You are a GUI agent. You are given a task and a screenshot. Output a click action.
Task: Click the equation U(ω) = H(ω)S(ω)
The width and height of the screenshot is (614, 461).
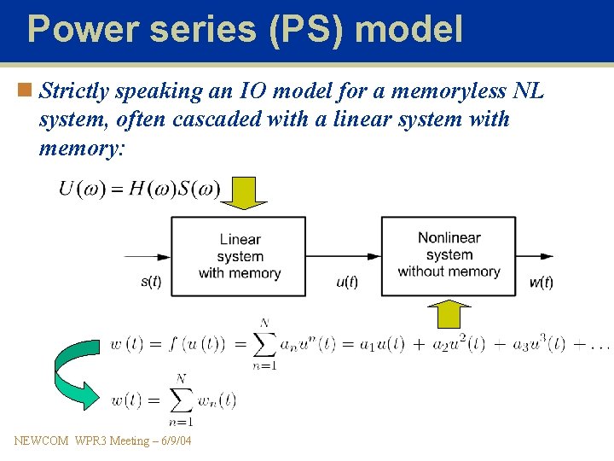pyautogui.click(x=139, y=189)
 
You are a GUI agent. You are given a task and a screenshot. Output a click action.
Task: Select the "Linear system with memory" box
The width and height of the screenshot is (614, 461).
pyautogui.click(x=239, y=256)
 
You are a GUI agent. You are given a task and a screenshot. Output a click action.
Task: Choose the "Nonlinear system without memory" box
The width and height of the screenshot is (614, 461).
pyautogui.click(x=449, y=255)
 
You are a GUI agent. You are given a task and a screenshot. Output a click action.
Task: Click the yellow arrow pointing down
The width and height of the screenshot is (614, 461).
pyautogui.click(x=244, y=194)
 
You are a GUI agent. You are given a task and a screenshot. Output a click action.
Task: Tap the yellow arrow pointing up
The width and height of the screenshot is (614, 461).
pyautogui.click(x=449, y=314)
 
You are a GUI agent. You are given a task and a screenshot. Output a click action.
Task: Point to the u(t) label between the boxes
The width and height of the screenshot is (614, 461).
pyautogui.click(x=346, y=282)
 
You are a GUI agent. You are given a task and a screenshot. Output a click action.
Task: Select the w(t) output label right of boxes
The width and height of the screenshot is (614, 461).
pyautogui.click(x=541, y=282)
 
